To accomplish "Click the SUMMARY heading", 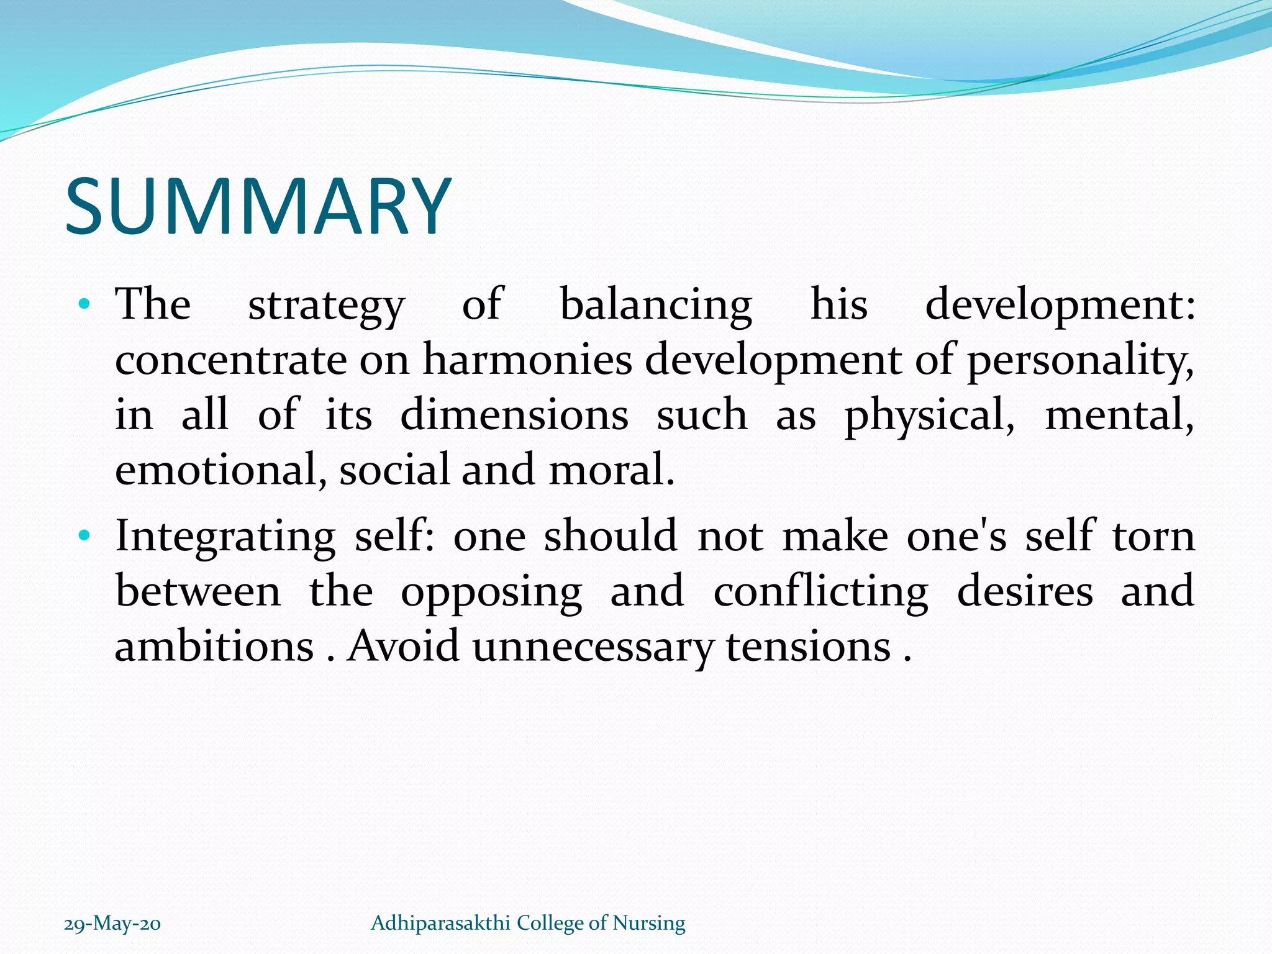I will (x=258, y=206).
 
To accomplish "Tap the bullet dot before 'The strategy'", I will (x=85, y=305).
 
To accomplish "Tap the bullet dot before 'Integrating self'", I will (x=85, y=535).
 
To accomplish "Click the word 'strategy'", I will (x=326, y=306).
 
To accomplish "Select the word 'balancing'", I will (x=656, y=306).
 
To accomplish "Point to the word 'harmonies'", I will (x=527, y=360).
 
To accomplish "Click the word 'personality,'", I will (x=1081, y=361).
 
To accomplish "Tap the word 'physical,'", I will (x=929, y=416).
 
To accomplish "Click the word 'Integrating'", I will (x=225, y=537).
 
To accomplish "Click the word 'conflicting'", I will (x=820, y=591).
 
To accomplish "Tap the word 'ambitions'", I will (x=214, y=646).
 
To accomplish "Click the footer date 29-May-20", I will (x=112, y=924).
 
